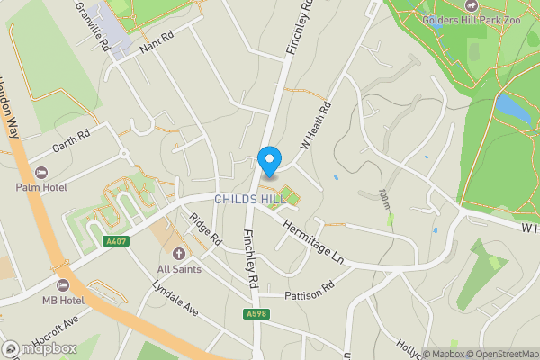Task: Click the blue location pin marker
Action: pyautogui.click(x=268, y=161)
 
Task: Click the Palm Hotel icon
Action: pyautogui.click(x=40, y=172)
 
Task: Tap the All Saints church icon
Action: pyautogui.click(x=178, y=254)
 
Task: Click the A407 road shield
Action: pyautogui.click(x=115, y=241)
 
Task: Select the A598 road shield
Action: pyautogui.click(x=255, y=313)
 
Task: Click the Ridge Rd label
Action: pyautogui.click(x=205, y=229)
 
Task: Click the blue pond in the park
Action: pyautogui.click(x=512, y=108)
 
